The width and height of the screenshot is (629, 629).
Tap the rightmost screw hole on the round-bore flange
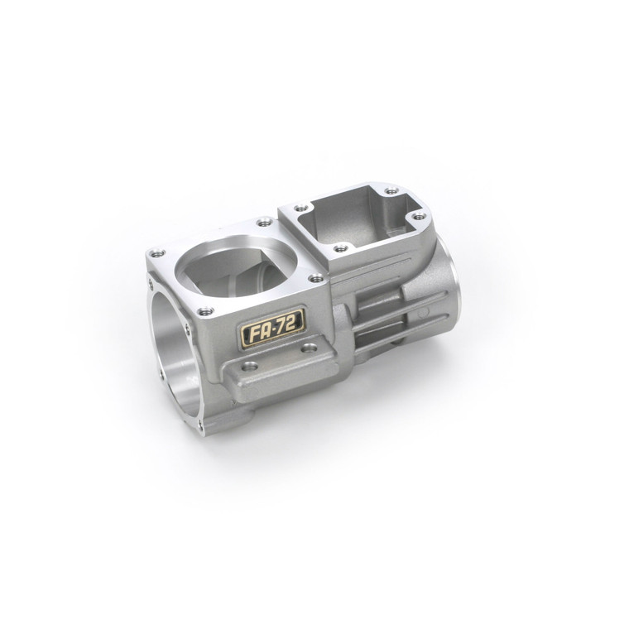point(315,279)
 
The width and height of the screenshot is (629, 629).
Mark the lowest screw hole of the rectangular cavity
point(339,247)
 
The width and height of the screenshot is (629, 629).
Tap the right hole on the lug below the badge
point(308,348)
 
